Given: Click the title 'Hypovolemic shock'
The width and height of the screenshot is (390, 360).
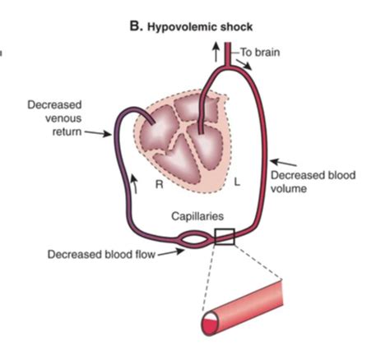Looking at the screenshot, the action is coord(200,27).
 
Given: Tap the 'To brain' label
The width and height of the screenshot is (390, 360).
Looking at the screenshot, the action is coord(260,52).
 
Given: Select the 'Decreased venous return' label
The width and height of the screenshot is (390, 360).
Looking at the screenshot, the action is coord(55,118).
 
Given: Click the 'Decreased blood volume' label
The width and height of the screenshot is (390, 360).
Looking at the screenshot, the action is coord(313,182).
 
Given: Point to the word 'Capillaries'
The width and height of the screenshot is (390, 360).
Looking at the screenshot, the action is coord(197,216).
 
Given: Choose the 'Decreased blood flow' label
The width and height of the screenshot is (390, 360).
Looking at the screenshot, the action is coord(101,254).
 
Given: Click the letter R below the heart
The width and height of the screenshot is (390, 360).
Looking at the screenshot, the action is coord(160,184).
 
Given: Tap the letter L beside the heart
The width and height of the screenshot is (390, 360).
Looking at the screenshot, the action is coord(237,182).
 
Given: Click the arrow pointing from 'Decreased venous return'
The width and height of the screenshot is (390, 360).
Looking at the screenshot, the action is coord(98,133).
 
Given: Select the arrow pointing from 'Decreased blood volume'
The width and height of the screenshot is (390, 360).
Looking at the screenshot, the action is coord(284,163).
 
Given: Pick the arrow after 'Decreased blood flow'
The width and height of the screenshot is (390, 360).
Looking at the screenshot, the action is coord(170,252).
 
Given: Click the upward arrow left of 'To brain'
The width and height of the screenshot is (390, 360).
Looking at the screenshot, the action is coord(216,52).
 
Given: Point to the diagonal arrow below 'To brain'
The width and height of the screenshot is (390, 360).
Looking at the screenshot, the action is coord(244,65).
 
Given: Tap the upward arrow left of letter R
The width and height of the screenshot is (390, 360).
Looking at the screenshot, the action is coord(134,184).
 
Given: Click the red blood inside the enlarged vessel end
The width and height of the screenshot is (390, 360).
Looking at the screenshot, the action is coord(209,326).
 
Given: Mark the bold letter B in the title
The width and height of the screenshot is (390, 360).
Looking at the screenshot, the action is coord(135,27).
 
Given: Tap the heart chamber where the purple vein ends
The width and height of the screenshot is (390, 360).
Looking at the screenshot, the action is coord(159,129).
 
